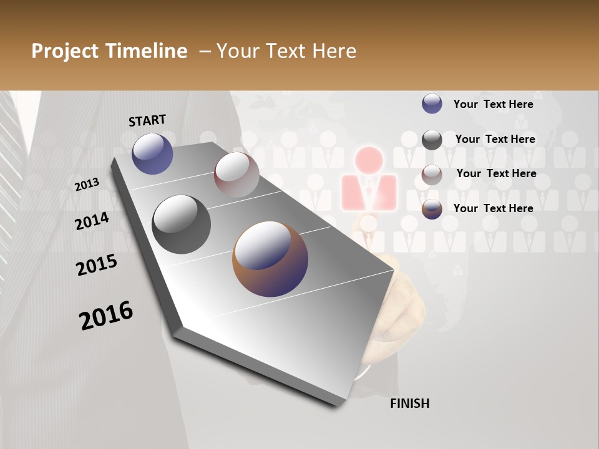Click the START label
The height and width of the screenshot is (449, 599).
click(x=147, y=120)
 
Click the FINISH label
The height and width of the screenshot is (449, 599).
click(x=410, y=403)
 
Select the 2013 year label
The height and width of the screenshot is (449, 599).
click(x=87, y=185)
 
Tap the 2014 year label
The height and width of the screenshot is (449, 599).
click(x=92, y=221)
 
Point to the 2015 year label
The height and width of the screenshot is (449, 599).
click(x=97, y=265)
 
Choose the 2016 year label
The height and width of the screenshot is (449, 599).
click(x=106, y=316)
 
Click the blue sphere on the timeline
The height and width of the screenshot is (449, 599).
click(x=153, y=153)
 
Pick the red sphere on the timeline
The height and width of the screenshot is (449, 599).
click(x=236, y=174)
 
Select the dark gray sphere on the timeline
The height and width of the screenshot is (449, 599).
click(x=181, y=224)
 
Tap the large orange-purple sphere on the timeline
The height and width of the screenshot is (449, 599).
click(x=270, y=259)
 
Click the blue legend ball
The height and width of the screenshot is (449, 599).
click(x=432, y=104)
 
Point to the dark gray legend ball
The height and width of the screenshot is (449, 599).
click(x=432, y=140)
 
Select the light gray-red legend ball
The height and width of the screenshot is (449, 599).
click(x=432, y=175)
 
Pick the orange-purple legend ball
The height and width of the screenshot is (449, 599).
click(x=432, y=209)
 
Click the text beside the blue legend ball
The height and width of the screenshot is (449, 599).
click(x=494, y=104)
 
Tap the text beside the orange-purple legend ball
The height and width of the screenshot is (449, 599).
click(x=494, y=208)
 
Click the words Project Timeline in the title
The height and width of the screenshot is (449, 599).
click(x=109, y=51)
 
